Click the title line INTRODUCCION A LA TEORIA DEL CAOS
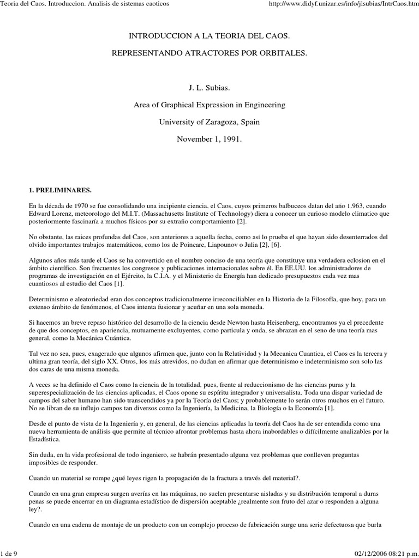(x=209, y=35)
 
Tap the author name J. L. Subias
(x=209, y=87)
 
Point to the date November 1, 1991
(x=209, y=139)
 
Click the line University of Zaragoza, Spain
(x=209, y=122)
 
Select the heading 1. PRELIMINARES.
(x=60, y=190)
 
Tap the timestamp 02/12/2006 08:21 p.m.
(x=384, y=553)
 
